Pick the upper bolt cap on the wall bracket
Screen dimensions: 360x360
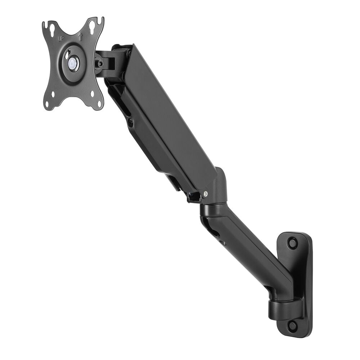pos(292,243)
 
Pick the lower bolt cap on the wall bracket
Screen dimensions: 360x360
pos(292,326)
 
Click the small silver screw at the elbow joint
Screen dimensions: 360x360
pos(205,194)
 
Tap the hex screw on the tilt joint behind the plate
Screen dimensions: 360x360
pos(100,64)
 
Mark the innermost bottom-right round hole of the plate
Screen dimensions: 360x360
pos(93,94)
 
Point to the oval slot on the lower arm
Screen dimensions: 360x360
pos(215,233)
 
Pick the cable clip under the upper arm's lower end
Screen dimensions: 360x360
pos(193,197)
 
